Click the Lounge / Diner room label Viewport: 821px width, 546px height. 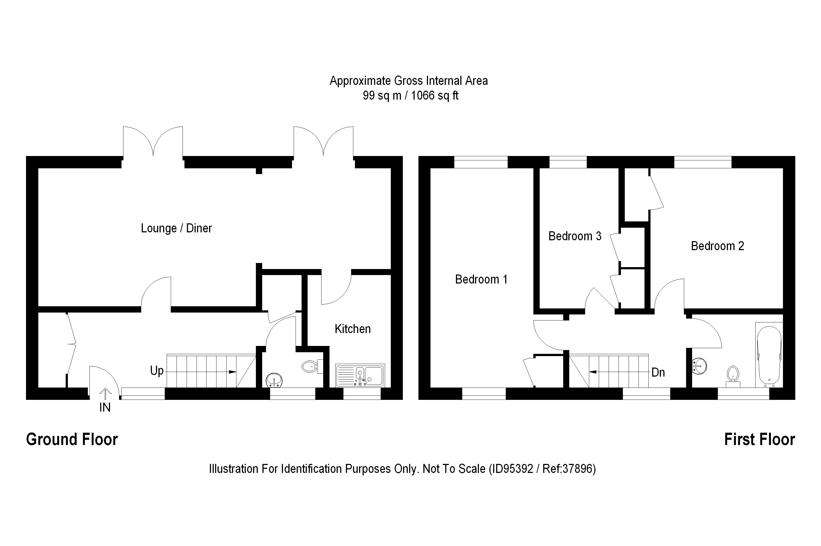pyautogui.click(x=176, y=229)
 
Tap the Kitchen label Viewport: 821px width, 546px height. pyautogui.click(x=352, y=329)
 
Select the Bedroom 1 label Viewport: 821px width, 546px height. pyautogui.click(x=481, y=279)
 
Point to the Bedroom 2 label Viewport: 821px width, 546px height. pyautogui.click(x=717, y=246)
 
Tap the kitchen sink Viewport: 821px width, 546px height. pyautogui.click(x=360, y=376)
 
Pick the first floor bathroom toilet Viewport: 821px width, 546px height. pyautogui.click(x=733, y=374)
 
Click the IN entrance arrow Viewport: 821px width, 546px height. pyautogui.click(x=105, y=394)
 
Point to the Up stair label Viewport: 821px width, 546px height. pyautogui.click(x=157, y=371)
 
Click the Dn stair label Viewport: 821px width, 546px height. pyautogui.click(x=658, y=372)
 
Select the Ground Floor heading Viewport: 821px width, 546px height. pyautogui.click(x=72, y=440)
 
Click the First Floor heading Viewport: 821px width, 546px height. pyautogui.click(x=759, y=440)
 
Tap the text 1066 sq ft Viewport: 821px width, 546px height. pyautogui.click(x=435, y=96)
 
